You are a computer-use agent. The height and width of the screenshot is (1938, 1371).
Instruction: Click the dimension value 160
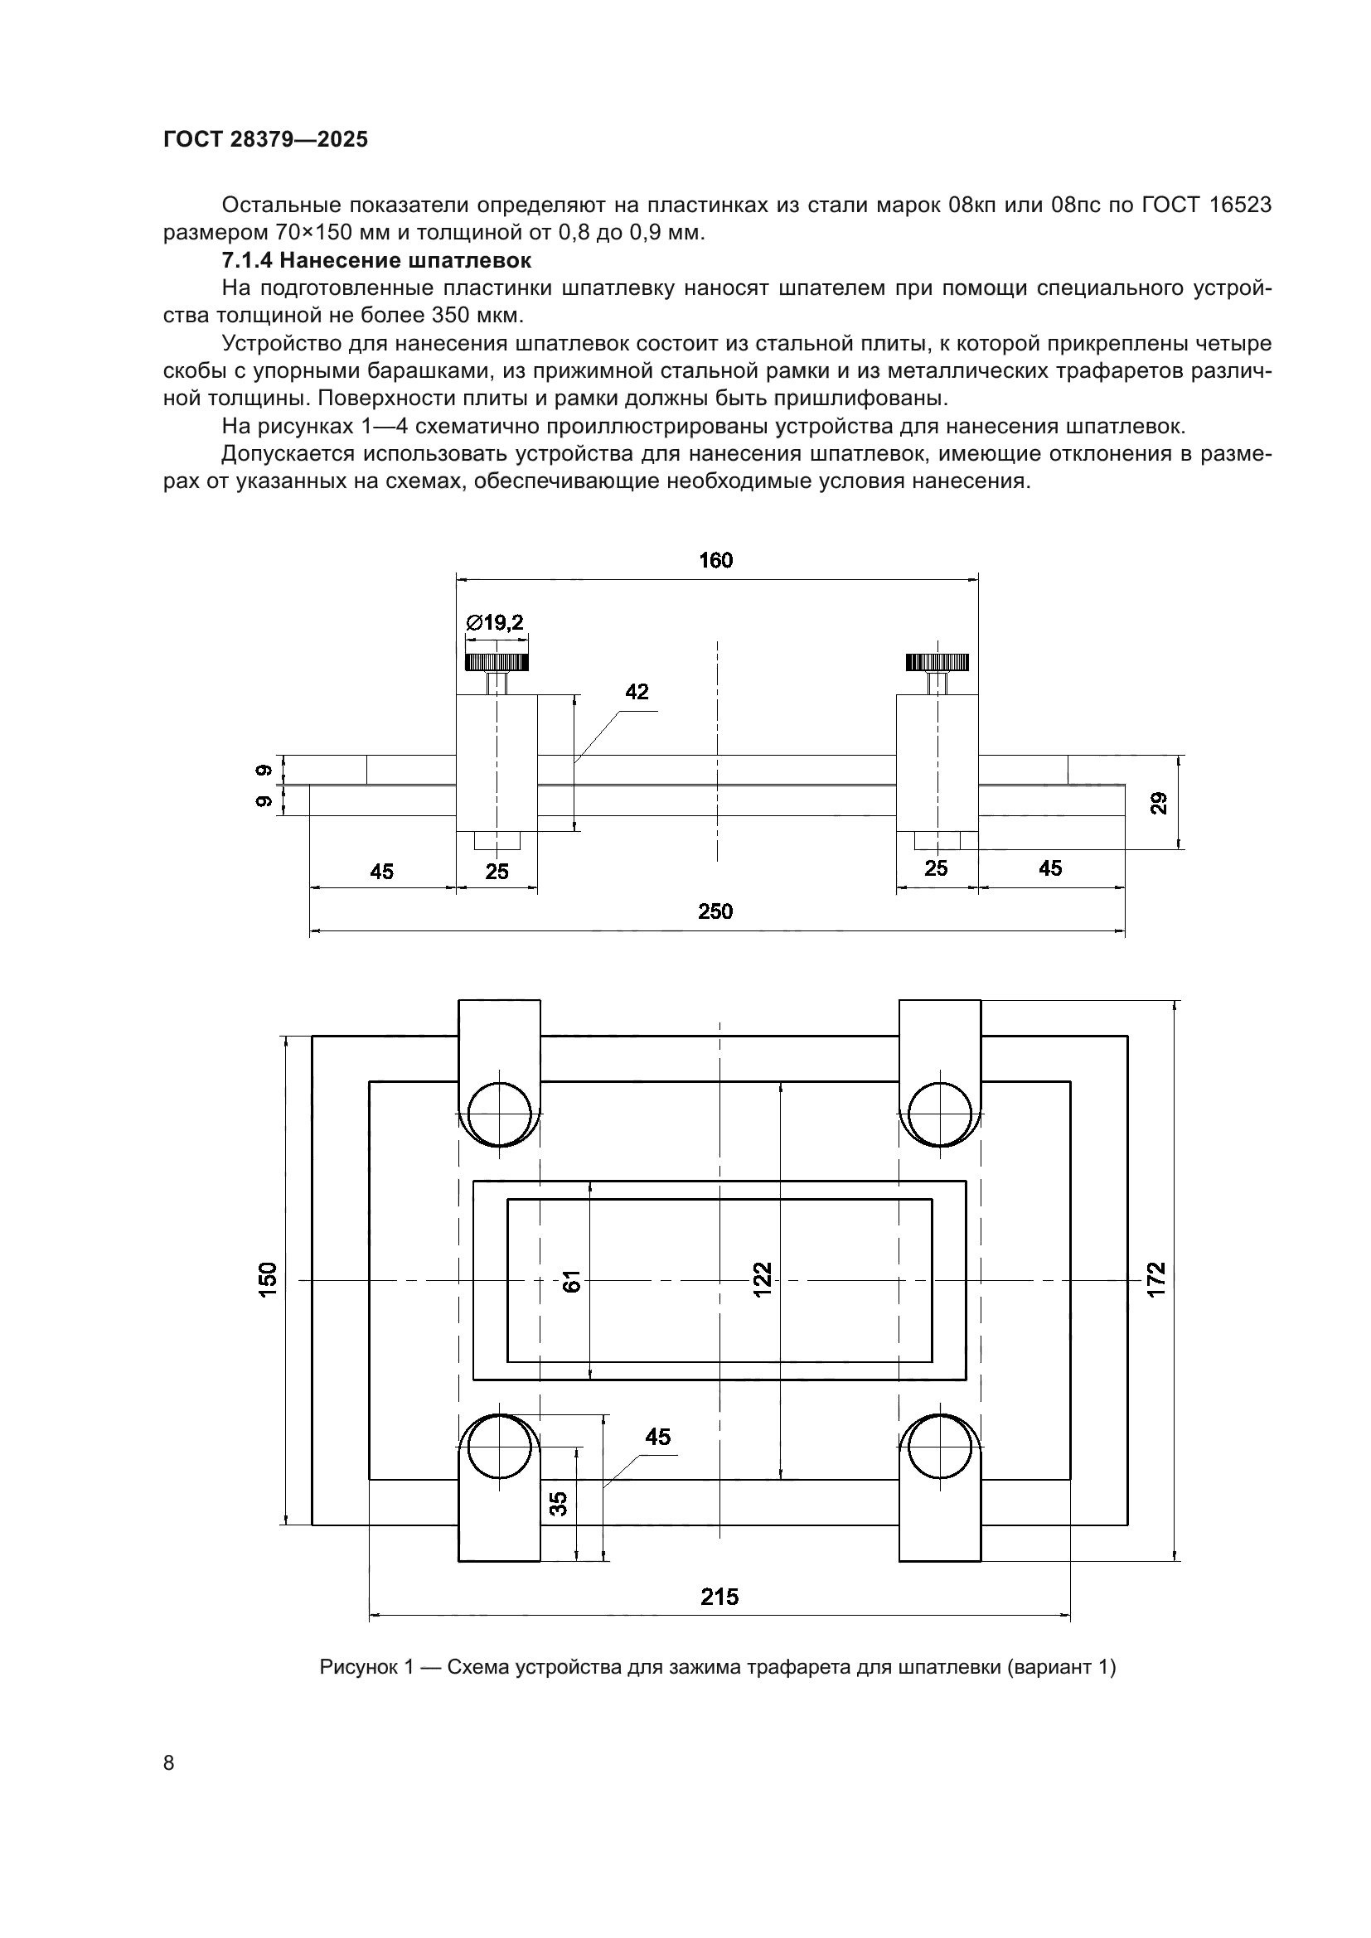tap(715, 560)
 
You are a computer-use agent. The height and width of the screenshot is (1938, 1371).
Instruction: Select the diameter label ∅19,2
tap(496, 623)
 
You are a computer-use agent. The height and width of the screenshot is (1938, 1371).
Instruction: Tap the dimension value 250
tap(715, 911)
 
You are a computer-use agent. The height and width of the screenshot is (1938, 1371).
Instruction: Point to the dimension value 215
tap(719, 1597)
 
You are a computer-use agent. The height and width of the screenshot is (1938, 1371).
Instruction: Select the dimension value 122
tap(763, 1279)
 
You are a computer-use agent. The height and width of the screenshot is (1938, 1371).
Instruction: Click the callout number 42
tap(637, 692)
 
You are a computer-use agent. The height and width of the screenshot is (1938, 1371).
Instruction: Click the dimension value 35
tap(559, 1503)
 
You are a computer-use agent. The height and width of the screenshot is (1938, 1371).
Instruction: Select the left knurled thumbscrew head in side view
tap(497, 662)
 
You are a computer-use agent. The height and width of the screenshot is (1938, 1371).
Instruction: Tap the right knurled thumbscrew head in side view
tap(937, 662)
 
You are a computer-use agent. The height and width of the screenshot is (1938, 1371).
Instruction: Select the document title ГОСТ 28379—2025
tap(266, 140)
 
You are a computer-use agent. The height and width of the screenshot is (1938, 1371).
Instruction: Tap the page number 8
tap(169, 1762)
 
